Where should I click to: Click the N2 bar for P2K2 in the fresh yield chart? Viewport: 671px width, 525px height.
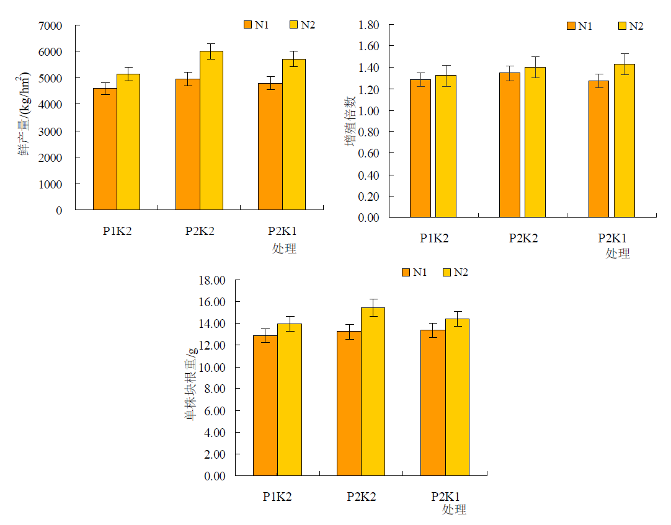tap(211, 130)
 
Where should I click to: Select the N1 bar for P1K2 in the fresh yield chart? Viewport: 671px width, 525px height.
tap(105, 149)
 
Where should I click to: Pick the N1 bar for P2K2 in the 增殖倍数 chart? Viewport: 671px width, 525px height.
tap(510, 145)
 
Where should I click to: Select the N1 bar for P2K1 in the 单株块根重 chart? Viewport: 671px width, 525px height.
tap(433, 403)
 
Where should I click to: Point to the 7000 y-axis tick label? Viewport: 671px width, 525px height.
tap(51, 25)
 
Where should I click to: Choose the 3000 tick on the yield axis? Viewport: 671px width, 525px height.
tap(51, 131)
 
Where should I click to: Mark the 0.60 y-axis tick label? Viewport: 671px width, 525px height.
tap(369, 153)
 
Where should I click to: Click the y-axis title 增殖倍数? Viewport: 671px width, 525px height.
tap(350, 121)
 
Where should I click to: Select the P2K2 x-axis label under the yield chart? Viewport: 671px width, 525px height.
tap(200, 231)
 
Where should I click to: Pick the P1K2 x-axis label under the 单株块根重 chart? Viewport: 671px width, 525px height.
tap(277, 496)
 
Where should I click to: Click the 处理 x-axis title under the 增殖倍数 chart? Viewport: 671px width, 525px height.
tap(618, 254)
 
